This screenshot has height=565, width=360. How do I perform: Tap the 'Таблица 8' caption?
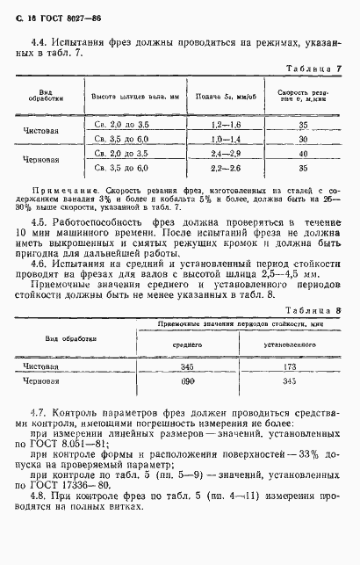click(x=315, y=286)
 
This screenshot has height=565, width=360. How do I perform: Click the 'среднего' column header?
click(x=185, y=320)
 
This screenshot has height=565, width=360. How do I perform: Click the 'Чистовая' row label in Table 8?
click(x=40, y=341)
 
